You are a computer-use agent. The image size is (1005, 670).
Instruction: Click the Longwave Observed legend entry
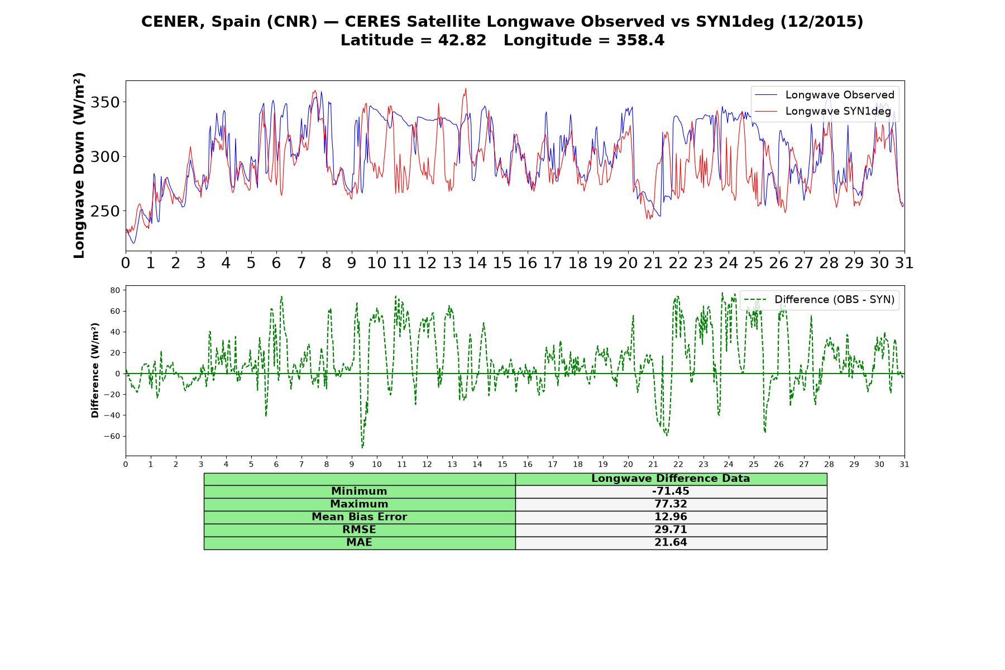pos(824,95)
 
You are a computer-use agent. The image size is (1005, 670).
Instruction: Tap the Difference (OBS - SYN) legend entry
pos(819,300)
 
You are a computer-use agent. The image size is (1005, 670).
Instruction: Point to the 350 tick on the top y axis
pos(106,102)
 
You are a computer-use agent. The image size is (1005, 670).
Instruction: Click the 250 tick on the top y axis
pos(106,211)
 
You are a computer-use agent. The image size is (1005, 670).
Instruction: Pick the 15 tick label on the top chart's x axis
pos(502,263)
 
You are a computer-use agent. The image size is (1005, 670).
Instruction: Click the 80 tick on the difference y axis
pos(116,290)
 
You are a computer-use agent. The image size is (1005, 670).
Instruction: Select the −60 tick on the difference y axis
pos(112,436)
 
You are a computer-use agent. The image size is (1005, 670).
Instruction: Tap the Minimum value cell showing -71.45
pos(671,491)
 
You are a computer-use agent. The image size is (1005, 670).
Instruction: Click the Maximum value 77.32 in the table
pos(671,504)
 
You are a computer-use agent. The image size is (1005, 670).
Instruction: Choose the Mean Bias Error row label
pos(359,517)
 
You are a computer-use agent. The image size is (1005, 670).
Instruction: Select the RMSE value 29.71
pos(671,530)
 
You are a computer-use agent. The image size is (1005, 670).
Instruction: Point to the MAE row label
pos(359,543)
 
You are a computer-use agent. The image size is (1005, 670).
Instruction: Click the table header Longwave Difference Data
pos(671,478)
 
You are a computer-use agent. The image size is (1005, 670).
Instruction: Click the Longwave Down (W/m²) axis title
pos(79,165)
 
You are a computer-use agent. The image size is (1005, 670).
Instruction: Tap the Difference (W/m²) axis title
pos(95,370)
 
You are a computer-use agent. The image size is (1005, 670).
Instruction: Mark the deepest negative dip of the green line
pos(362,447)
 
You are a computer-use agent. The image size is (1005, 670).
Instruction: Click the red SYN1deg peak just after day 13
pos(466,88)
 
